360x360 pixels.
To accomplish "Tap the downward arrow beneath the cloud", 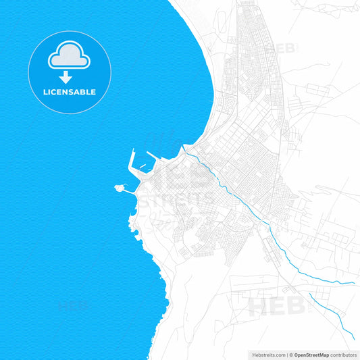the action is click(x=65, y=77).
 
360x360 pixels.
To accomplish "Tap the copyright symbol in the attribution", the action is click(x=292, y=354).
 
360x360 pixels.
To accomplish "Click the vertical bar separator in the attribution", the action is click(x=287, y=354).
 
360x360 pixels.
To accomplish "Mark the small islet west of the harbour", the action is click(x=120, y=187).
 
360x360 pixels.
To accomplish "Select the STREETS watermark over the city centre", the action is click(x=176, y=199).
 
